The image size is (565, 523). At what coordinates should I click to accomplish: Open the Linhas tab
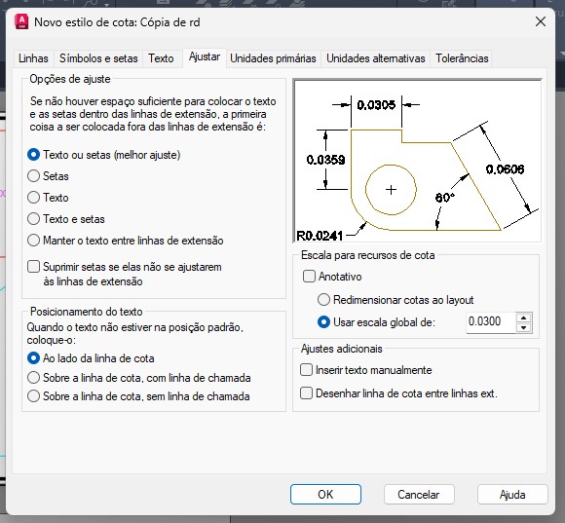click(x=33, y=58)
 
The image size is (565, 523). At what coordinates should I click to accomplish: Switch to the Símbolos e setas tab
click(x=98, y=58)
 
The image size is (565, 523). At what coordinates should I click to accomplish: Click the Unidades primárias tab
click(x=273, y=58)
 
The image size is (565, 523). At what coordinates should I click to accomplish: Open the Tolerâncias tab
click(x=462, y=58)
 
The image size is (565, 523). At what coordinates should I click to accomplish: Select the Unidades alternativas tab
click(x=376, y=58)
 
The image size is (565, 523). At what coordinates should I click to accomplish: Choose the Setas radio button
click(x=33, y=176)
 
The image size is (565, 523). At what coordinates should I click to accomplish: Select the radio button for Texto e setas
click(x=33, y=219)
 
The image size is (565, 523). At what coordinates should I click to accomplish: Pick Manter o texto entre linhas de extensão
click(x=33, y=241)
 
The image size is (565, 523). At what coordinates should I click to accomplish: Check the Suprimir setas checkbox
click(x=33, y=267)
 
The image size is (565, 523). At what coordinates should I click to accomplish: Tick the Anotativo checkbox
click(x=309, y=277)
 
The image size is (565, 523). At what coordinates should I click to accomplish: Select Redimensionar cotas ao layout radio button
click(x=323, y=300)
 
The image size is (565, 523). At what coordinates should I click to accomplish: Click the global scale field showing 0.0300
click(x=491, y=321)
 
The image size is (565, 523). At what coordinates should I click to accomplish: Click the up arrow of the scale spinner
click(x=523, y=318)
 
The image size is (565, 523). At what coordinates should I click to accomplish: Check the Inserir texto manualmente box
click(x=306, y=370)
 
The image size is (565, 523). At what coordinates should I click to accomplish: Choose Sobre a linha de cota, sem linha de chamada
click(x=33, y=396)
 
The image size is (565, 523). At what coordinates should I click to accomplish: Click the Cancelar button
click(x=419, y=495)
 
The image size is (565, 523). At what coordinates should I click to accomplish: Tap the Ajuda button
click(x=512, y=495)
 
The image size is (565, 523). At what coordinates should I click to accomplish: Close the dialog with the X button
click(x=541, y=21)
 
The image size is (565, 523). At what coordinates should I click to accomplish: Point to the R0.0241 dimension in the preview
click(x=320, y=236)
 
